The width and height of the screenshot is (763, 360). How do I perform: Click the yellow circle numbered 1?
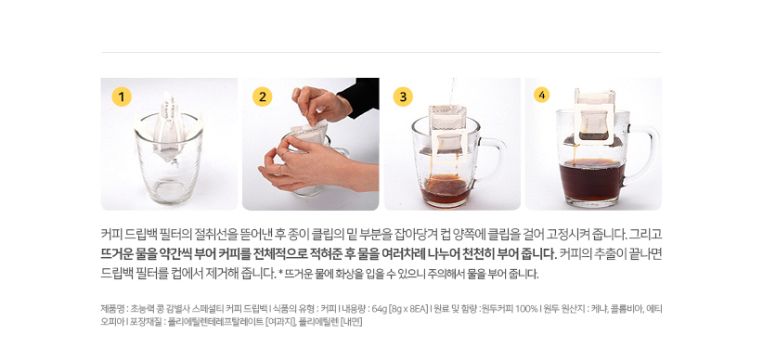pyautogui.click(x=122, y=96)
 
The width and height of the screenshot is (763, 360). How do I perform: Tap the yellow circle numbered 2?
pyautogui.click(x=263, y=96)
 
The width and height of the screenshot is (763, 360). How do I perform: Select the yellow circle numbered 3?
pyautogui.click(x=403, y=96)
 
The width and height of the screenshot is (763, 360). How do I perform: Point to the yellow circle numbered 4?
pyautogui.click(x=541, y=95)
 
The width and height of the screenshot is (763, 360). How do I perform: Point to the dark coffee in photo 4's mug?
pyautogui.click(x=592, y=179)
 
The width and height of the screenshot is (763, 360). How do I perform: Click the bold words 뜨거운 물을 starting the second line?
pyautogui.click(x=123, y=253)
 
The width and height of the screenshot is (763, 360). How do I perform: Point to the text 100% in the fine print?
pyautogui.click(x=526, y=308)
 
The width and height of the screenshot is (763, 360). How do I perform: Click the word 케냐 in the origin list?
pyautogui.click(x=598, y=308)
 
